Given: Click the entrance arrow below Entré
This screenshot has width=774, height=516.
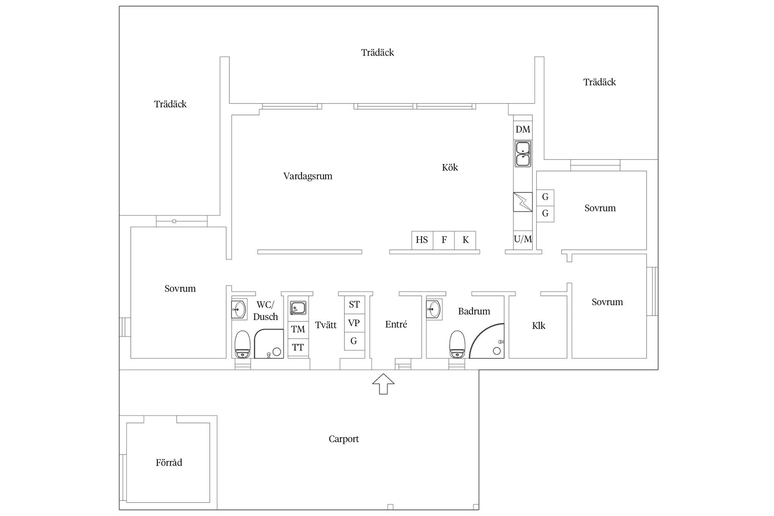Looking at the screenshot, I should (x=383, y=384).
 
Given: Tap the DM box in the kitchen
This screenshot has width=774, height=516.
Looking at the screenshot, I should (x=523, y=129).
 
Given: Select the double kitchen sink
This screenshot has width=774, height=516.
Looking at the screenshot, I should (x=523, y=154).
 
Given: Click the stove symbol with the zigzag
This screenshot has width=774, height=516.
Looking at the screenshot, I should (x=522, y=202).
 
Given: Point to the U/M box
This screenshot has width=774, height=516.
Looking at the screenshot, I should (x=523, y=239).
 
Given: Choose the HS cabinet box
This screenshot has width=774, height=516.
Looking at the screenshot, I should (x=422, y=240).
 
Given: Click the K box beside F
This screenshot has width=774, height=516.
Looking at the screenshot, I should (x=465, y=240).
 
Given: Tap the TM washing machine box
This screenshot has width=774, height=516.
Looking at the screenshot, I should (x=298, y=329).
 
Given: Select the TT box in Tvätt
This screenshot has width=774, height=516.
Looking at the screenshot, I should (x=298, y=347).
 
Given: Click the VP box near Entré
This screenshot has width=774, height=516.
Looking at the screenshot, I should (x=354, y=323).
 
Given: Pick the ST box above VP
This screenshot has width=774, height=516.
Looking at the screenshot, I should (x=354, y=305).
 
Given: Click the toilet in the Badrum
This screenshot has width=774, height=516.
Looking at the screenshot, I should (x=457, y=345).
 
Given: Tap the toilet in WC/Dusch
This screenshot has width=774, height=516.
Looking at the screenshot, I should (x=243, y=345).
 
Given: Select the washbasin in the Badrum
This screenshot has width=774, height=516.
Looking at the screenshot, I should (x=434, y=309).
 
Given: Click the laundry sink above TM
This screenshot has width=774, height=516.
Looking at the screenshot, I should (x=298, y=308).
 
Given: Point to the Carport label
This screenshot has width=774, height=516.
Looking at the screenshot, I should (x=343, y=439).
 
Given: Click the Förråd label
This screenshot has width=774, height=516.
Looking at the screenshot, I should (x=169, y=463).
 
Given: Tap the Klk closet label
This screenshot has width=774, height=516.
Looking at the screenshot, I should (x=539, y=326).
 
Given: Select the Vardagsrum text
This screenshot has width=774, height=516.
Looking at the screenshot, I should (x=308, y=176).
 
